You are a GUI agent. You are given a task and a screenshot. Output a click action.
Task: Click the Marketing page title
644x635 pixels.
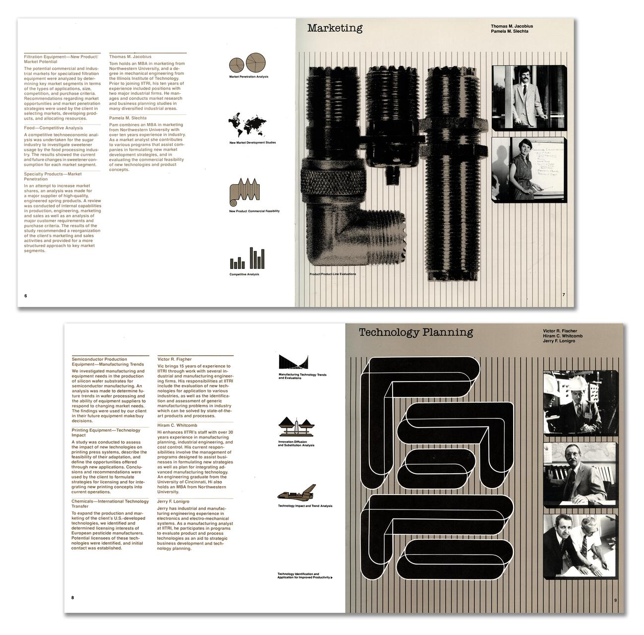(335, 28)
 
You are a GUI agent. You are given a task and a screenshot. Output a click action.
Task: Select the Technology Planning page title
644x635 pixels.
(415, 332)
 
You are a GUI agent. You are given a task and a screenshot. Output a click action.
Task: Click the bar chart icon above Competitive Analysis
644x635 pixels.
(247, 258)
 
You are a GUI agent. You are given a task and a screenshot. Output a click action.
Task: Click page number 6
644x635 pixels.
(26, 296)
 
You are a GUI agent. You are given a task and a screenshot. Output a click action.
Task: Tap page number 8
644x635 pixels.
(72, 597)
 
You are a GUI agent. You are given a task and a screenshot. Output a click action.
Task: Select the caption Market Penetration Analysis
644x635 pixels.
(248, 77)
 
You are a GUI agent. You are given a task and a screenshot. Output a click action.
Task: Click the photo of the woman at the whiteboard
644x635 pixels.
(528, 170)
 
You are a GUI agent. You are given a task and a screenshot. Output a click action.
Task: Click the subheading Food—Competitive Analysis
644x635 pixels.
(54, 128)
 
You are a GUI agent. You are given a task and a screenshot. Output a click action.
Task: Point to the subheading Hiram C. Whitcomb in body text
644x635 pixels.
(177, 425)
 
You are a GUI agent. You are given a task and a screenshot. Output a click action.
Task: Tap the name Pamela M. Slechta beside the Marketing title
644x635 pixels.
(509, 31)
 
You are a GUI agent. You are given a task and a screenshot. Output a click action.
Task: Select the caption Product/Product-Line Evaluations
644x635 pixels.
(332, 274)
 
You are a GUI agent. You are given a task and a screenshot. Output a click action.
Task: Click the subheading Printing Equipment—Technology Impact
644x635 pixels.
(106, 433)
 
